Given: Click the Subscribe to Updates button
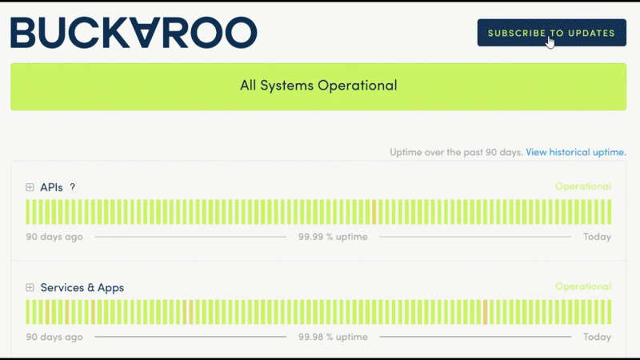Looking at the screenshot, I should click(x=551, y=33).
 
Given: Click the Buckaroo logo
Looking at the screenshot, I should click(x=133, y=33).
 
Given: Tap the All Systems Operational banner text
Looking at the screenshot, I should click(x=318, y=85).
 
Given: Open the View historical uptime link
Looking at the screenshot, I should click(x=575, y=152).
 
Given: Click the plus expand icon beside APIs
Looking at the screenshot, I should click(x=30, y=187).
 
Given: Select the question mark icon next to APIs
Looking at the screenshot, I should click(x=72, y=187).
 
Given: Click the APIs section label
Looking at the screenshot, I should click(x=51, y=187).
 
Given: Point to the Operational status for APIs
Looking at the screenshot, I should click(x=583, y=186).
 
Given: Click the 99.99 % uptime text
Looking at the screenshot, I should click(x=333, y=237).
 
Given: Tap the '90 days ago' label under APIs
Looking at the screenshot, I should click(x=54, y=237).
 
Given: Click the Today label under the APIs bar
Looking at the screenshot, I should click(x=597, y=237).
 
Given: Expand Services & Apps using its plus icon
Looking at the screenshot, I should click(x=30, y=287).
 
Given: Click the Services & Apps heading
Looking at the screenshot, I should click(x=82, y=287).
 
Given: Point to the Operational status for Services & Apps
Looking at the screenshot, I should click(x=583, y=286).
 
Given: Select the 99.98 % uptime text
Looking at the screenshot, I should click(x=333, y=337).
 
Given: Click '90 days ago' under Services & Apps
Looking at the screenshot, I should click(x=54, y=337).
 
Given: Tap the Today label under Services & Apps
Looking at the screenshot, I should click(x=597, y=337).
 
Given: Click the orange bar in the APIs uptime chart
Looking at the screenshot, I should click(x=374, y=212).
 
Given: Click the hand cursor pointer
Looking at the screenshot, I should click(x=551, y=41).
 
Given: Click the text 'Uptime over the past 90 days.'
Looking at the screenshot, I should click(x=456, y=152).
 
